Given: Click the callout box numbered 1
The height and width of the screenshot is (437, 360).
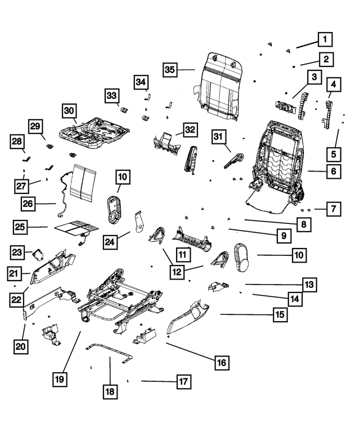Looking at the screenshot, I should [325, 39].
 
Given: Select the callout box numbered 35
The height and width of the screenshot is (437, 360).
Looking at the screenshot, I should [170, 70].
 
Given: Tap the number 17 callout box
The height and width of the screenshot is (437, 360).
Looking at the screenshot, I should [182, 382].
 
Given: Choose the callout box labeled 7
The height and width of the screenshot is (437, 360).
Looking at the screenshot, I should [333, 209].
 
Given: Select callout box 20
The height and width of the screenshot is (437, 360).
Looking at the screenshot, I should [20, 347].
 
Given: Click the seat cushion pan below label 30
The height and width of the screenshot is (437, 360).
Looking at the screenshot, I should [96, 133].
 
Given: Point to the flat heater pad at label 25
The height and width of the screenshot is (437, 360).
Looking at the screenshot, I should [76, 228].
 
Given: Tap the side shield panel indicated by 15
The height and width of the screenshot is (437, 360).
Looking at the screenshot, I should [188, 318].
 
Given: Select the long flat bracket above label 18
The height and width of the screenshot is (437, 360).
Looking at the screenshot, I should [110, 353].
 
